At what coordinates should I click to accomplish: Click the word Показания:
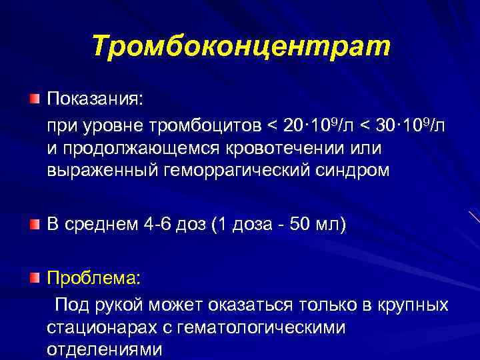pos(94,99)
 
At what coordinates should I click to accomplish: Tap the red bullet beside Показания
pos(34,99)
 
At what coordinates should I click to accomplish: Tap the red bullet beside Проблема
pos(34,277)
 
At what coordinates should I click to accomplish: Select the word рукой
pos(117,305)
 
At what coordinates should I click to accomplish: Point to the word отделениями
pos(104,349)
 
